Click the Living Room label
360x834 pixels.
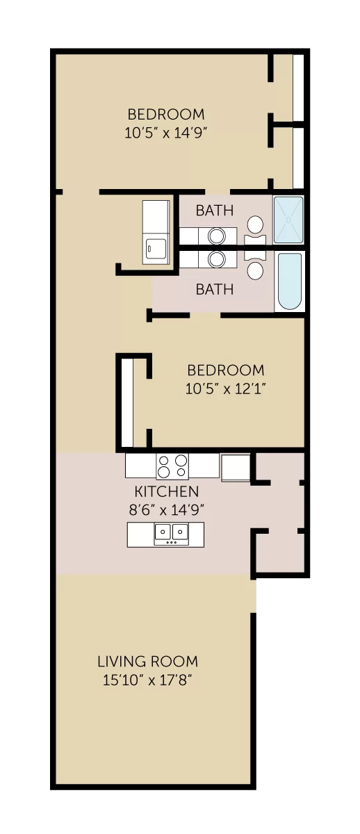tap(148, 661)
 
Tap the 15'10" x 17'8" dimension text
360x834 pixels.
tap(148, 680)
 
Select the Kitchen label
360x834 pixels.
tap(166, 491)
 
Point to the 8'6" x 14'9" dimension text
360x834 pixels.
tap(166, 509)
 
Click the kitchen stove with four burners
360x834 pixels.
tap(172, 466)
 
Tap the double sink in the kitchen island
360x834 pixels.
tap(171, 534)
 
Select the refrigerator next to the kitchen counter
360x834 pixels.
tap(236, 467)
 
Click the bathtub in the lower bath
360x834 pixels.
tap(290, 281)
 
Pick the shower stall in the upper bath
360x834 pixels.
tap(288, 220)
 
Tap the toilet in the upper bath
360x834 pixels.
tap(255, 231)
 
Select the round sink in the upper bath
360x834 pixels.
tap(216, 236)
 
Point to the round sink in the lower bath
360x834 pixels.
tap(216, 259)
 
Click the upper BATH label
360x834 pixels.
tap(215, 211)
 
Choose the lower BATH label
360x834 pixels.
tap(215, 289)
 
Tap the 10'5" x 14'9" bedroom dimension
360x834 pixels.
tap(165, 133)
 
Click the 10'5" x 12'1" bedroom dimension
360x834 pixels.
tap(226, 389)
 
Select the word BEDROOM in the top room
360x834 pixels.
tap(166, 114)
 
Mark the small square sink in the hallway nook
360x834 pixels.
tap(156, 249)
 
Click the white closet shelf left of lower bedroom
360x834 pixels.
tap(127, 403)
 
